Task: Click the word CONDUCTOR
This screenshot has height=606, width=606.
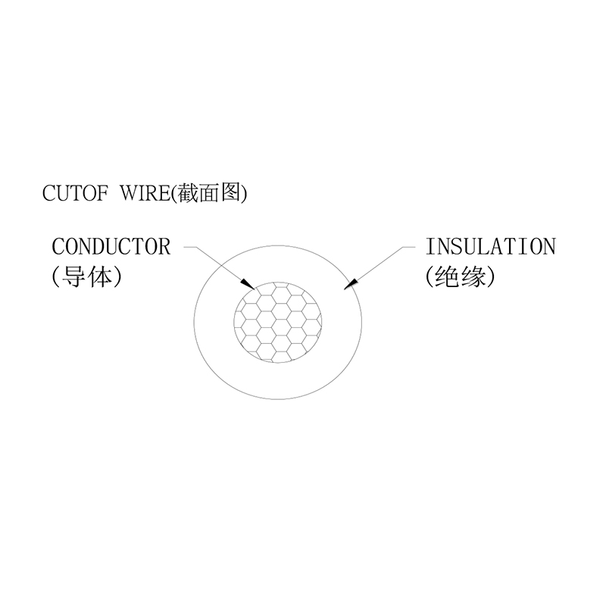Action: (111, 247)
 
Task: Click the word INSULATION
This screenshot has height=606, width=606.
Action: (490, 247)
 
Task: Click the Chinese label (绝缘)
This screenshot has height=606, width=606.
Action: (461, 277)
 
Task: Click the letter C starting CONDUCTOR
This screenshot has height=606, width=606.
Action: (58, 247)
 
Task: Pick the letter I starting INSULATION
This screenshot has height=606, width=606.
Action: (430, 247)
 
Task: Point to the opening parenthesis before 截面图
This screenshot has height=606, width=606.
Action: (172, 193)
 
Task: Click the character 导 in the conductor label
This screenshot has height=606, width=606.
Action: (76, 277)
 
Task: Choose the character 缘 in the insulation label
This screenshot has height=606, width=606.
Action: (476, 277)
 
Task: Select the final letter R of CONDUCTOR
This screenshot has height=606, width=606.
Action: (164, 247)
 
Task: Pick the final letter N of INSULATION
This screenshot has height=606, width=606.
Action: (548, 247)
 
